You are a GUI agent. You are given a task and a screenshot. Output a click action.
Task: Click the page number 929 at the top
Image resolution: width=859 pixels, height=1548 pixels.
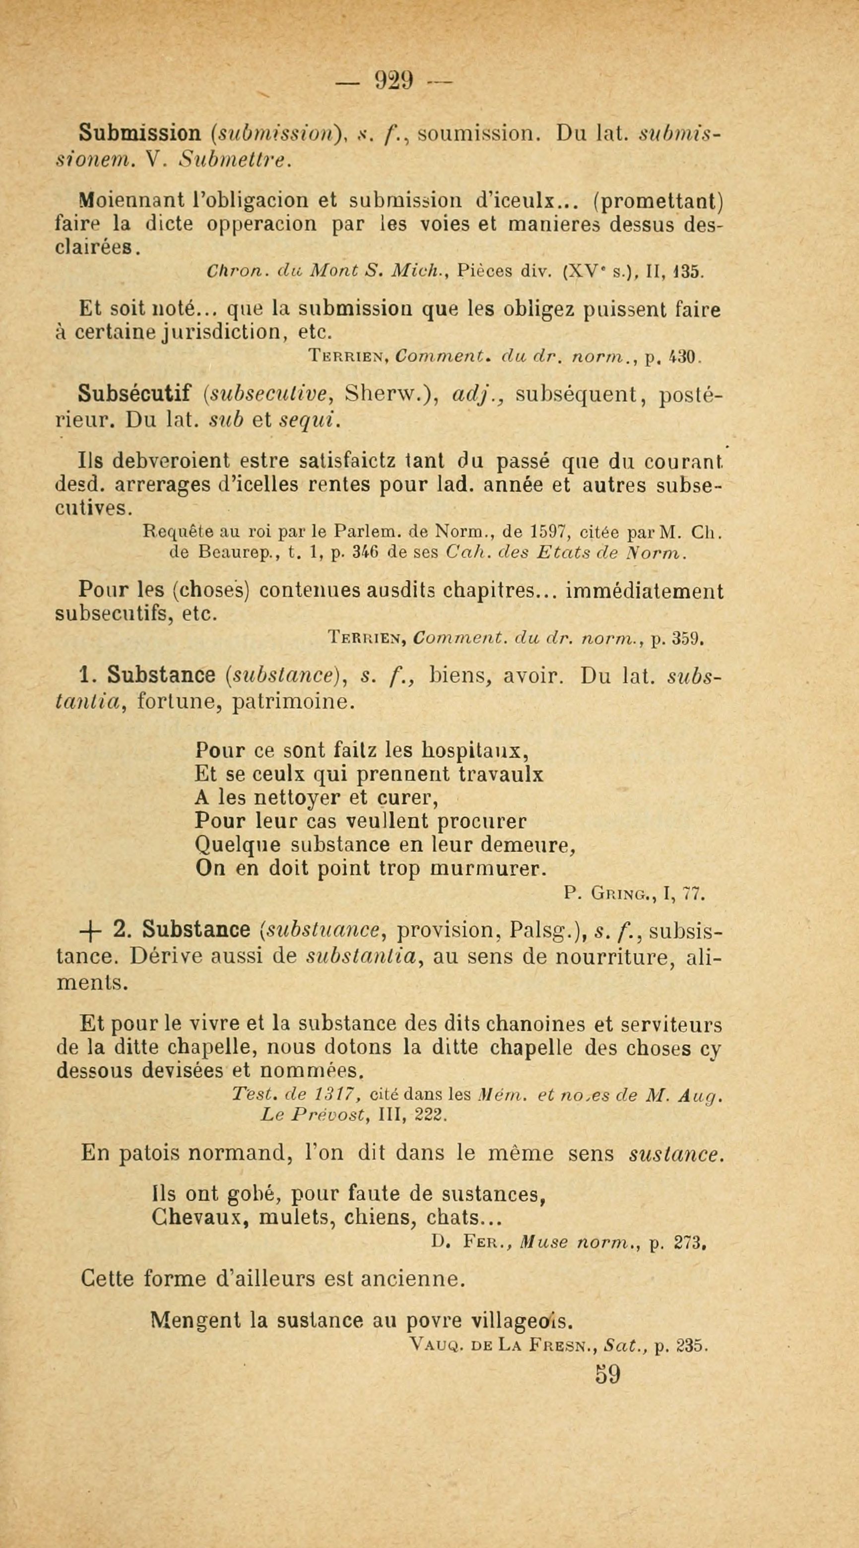393,80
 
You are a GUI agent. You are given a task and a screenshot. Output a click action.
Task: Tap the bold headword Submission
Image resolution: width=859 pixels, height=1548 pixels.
139,132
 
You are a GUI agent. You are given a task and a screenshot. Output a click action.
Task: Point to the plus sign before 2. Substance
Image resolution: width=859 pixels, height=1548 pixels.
91,931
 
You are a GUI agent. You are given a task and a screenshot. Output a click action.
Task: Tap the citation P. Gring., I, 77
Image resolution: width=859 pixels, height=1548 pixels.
634,894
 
